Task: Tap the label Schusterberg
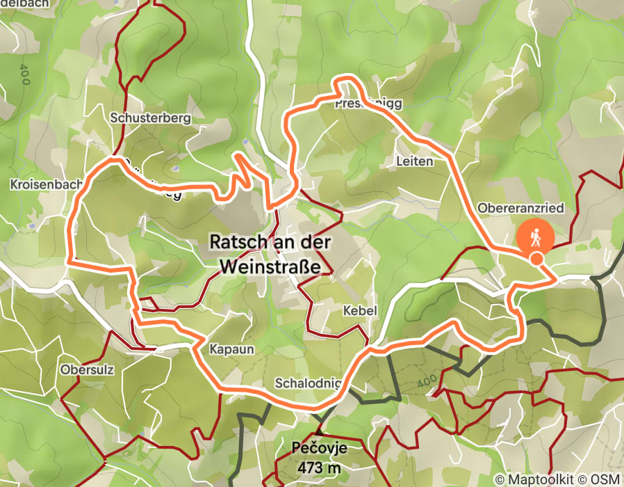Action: (x=150, y=118)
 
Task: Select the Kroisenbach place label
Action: (x=43, y=184)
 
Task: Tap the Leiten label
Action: (x=414, y=161)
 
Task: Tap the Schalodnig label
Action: (x=308, y=383)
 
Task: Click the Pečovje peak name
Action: (x=319, y=449)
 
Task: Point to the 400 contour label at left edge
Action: (x=26, y=73)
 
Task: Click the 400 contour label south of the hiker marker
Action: (x=429, y=382)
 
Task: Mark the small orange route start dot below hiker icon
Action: (x=536, y=259)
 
